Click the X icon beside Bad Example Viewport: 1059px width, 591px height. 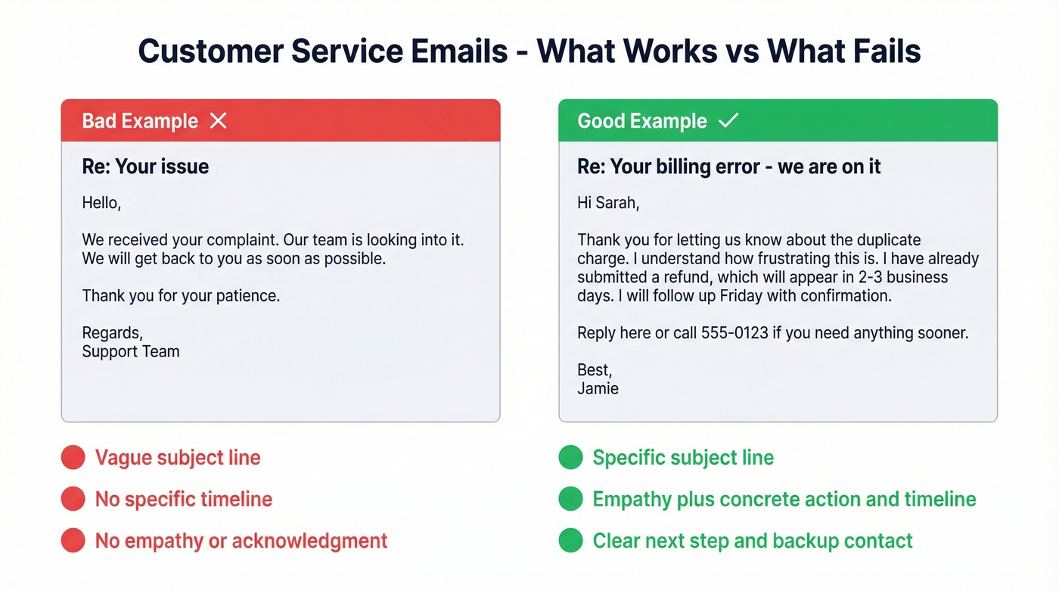tap(218, 121)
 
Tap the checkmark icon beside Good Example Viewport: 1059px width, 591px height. tap(728, 121)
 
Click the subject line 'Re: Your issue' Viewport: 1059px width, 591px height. tap(145, 166)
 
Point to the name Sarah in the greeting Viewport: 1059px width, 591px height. tap(618, 203)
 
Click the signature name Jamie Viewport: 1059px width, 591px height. tap(598, 389)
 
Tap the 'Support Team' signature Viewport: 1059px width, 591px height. tap(131, 352)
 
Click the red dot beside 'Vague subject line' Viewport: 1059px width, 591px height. tap(73, 458)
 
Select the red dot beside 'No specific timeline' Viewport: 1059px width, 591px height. tap(73, 499)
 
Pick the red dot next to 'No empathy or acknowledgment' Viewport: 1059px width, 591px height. tap(73, 541)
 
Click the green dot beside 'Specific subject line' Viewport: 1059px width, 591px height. tap(570, 458)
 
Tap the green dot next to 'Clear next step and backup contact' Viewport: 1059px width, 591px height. tap(570, 541)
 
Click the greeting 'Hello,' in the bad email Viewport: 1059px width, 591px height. tap(101, 203)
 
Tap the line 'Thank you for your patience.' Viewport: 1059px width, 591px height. tap(181, 296)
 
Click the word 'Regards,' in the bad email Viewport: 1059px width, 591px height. tap(112, 333)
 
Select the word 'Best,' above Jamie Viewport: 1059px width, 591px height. tap(595, 370)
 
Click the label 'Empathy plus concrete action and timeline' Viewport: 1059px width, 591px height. tap(784, 499)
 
